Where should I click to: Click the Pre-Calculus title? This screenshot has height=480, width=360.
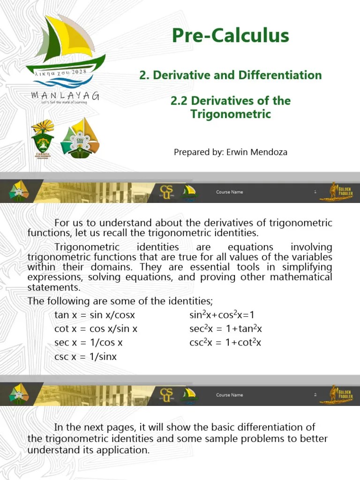pos(230,36)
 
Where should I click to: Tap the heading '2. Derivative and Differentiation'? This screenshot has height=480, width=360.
pos(230,75)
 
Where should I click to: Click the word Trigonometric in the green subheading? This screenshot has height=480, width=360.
pos(230,114)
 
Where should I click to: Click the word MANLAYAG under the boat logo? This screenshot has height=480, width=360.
pos(65,96)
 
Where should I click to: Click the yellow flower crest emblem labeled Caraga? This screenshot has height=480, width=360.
pos(43,139)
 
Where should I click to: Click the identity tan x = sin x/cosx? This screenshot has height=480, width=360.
pos(94,315)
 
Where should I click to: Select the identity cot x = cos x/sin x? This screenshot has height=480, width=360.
pos(96,329)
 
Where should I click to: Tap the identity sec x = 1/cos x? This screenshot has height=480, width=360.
pos(88,343)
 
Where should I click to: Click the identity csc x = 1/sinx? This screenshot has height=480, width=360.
pos(85,357)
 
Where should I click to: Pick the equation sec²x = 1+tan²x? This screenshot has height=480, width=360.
pos(225,329)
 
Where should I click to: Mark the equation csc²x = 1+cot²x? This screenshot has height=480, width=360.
pos(225,343)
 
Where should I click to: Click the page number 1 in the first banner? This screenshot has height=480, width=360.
pos(315,192)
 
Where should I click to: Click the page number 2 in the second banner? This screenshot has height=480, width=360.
pos(315,395)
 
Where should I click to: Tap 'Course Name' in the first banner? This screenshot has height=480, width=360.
pos(229,192)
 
